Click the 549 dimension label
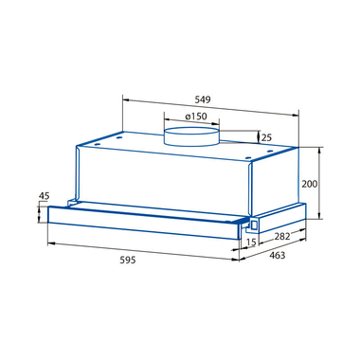point(203,99)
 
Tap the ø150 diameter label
point(196,117)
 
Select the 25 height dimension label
point(267,137)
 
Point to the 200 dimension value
point(309,184)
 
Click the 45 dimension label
point(44,196)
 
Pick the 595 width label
point(128,260)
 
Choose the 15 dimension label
point(251,243)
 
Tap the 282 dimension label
point(281,236)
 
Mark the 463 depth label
point(278,255)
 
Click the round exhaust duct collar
point(191,136)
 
